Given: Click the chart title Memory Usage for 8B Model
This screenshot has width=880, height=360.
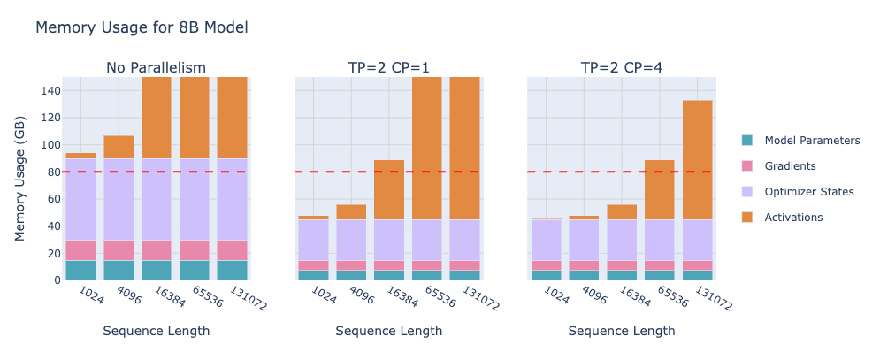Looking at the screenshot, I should click(142, 27).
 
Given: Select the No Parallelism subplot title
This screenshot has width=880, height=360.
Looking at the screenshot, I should click(156, 68).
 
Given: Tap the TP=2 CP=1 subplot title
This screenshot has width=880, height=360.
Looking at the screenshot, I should click(389, 68).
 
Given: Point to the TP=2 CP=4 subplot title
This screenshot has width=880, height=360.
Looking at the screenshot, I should click(622, 68).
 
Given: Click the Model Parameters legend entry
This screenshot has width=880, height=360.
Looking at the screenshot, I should click(812, 141).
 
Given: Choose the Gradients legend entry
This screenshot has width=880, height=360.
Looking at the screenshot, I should click(790, 166).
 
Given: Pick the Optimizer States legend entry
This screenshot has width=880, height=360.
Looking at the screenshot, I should click(809, 192).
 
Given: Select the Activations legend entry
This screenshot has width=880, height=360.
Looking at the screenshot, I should click(793, 218).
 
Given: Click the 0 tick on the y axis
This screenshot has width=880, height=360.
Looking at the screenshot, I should click(57, 280).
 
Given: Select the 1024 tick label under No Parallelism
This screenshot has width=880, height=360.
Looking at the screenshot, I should click(90, 295).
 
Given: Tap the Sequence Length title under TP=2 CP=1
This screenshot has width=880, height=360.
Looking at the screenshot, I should click(389, 332).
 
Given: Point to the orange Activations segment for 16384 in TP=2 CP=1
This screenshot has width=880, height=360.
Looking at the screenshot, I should click(388, 189).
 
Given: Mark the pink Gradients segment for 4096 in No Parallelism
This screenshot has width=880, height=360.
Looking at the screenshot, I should click(119, 250).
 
